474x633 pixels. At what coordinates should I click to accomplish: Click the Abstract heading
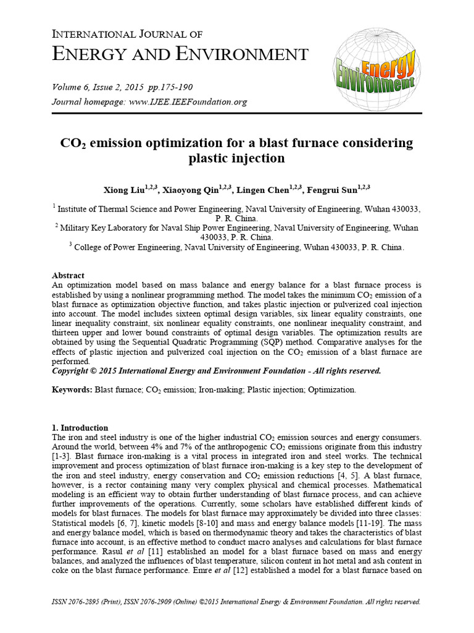pyautogui.click(x=68, y=275)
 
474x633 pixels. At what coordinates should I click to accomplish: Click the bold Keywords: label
pyautogui.click(x=72, y=390)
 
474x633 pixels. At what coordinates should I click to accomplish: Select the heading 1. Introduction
pyautogui.click(x=80, y=428)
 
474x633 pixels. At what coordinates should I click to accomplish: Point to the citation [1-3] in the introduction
pyautogui.click(x=63, y=456)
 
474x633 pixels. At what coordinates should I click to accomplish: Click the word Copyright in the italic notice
pyautogui.click(x=73, y=371)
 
